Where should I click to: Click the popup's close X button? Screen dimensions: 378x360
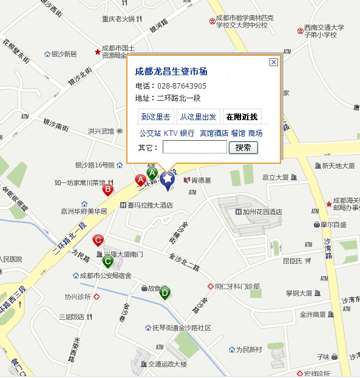(274, 62)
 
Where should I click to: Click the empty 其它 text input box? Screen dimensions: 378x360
(194, 147)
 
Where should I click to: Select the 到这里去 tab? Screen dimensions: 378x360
(155, 117)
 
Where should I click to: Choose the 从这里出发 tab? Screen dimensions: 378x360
(199, 117)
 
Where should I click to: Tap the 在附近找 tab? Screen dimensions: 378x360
(241, 117)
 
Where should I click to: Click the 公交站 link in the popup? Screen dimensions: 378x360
(150, 133)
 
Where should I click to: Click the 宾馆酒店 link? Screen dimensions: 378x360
(214, 133)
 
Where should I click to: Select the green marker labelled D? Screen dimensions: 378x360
(165, 293)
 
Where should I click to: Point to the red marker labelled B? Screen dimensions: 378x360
(108, 190)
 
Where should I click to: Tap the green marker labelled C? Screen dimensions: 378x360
(107, 262)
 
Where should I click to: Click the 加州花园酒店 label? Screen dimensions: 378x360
(262, 212)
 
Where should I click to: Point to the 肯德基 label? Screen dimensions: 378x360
(201, 180)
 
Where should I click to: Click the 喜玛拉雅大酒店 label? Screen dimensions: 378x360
(150, 205)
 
